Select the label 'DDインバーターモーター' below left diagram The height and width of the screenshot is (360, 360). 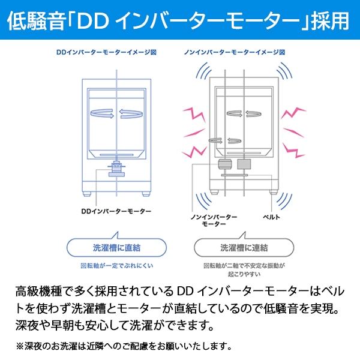pos(116,211)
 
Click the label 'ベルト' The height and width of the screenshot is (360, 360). pos(272,215)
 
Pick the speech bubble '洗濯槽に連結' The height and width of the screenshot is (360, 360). pos(244,247)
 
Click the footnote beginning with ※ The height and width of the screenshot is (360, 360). pos(123,346)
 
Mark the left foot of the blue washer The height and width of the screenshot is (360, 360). pos(88,194)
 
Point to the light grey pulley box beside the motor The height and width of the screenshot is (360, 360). pos(244,164)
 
